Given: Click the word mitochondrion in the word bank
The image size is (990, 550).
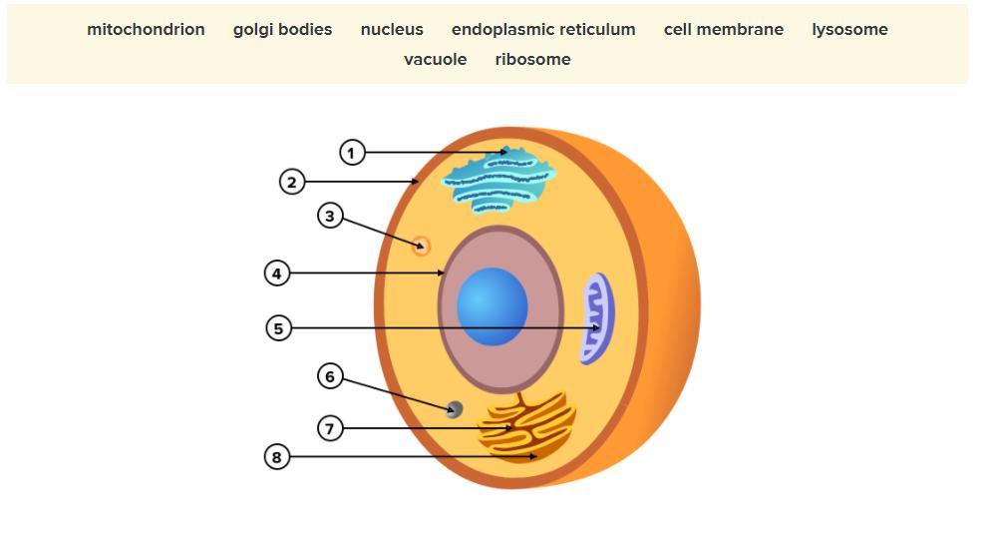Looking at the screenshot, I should (146, 30).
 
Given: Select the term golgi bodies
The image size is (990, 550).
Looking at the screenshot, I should (282, 30).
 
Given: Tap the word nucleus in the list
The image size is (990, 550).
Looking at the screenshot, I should (392, 30).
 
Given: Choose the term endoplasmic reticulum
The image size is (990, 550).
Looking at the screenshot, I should (543, 30).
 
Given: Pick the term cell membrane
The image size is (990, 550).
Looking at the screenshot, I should (724, 30).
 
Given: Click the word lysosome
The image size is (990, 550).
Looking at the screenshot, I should (849, 30).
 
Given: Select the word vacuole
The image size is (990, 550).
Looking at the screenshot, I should (435, 60).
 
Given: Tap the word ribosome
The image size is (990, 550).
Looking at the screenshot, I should (532, 60).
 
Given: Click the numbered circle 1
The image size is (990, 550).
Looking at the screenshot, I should (352, 153).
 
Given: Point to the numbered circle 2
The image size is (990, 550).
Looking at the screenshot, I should (291, 182).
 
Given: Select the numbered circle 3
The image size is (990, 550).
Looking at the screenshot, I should (331, 216).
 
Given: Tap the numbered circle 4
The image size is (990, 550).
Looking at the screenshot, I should (277, 273).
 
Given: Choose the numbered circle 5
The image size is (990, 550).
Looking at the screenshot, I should (279, 327).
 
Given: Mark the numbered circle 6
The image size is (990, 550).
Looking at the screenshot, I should (330, 376).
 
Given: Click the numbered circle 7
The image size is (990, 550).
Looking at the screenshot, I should (330, 428).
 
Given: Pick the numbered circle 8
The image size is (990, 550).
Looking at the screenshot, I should (277, 457).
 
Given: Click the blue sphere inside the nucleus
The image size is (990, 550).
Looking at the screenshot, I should (493, 306).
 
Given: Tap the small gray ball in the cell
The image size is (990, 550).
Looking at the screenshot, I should (455, 408).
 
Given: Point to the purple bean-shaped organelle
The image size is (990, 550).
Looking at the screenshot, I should (597, 317).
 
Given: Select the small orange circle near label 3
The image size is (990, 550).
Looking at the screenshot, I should (421, 246).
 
